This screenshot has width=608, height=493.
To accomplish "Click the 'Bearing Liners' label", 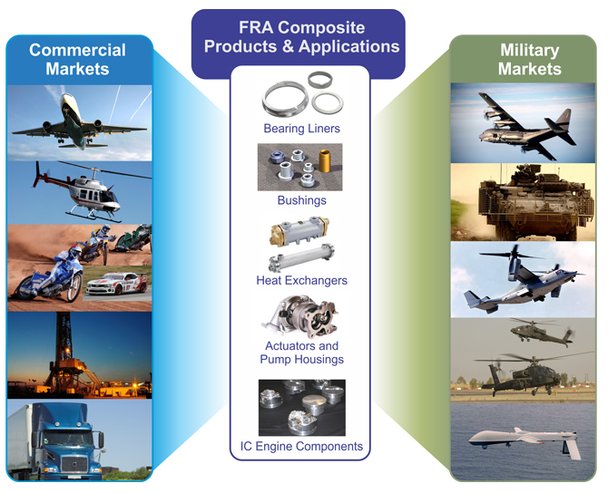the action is pyautogui.click(x=301, y=128).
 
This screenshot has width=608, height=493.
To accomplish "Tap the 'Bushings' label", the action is pyautogui.click(x=301, y=200).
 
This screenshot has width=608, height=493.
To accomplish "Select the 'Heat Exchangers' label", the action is pyautogui.click(x=301, y=280).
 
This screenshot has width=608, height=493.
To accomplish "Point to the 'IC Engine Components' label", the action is pyautogui.click(x=301, y=446).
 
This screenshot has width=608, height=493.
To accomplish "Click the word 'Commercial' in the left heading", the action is pyautogui.click(x=77, y=50).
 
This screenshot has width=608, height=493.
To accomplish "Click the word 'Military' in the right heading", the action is pyautogui.click(x=530, y=51).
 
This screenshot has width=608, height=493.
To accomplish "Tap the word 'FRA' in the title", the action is pyautogui.click(x=256, y=27).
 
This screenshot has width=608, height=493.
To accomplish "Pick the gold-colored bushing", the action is pyautogui.click(x=325, y=160).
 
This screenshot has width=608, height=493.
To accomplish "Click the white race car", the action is pyautogui.click(x=117, y=284).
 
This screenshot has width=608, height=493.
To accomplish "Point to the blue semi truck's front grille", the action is pyautogui.click(x=74, y=464).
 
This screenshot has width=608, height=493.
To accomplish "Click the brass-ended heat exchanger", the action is pyautogui.click(x=299, y=231).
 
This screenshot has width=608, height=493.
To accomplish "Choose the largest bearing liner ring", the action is pyautogui.click(x=285, y=99).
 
